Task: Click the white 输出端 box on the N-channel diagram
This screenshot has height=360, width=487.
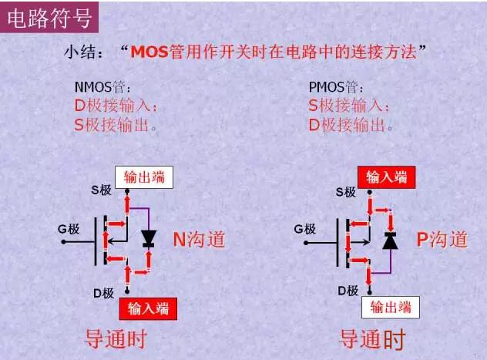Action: [144, 177]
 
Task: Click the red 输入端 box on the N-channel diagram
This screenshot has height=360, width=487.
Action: [146, 309]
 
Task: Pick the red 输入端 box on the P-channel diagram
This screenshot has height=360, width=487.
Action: [386, 177]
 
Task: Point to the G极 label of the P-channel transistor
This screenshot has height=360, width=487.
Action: [306, 229]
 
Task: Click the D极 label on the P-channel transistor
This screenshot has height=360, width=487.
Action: [348, 291]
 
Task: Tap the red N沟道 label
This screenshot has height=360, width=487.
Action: [198, 240]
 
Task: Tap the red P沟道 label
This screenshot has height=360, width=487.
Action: [442, 240]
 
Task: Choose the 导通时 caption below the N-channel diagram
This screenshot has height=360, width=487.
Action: [116, 338]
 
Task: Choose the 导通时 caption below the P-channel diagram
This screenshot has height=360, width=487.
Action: [372, 338]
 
